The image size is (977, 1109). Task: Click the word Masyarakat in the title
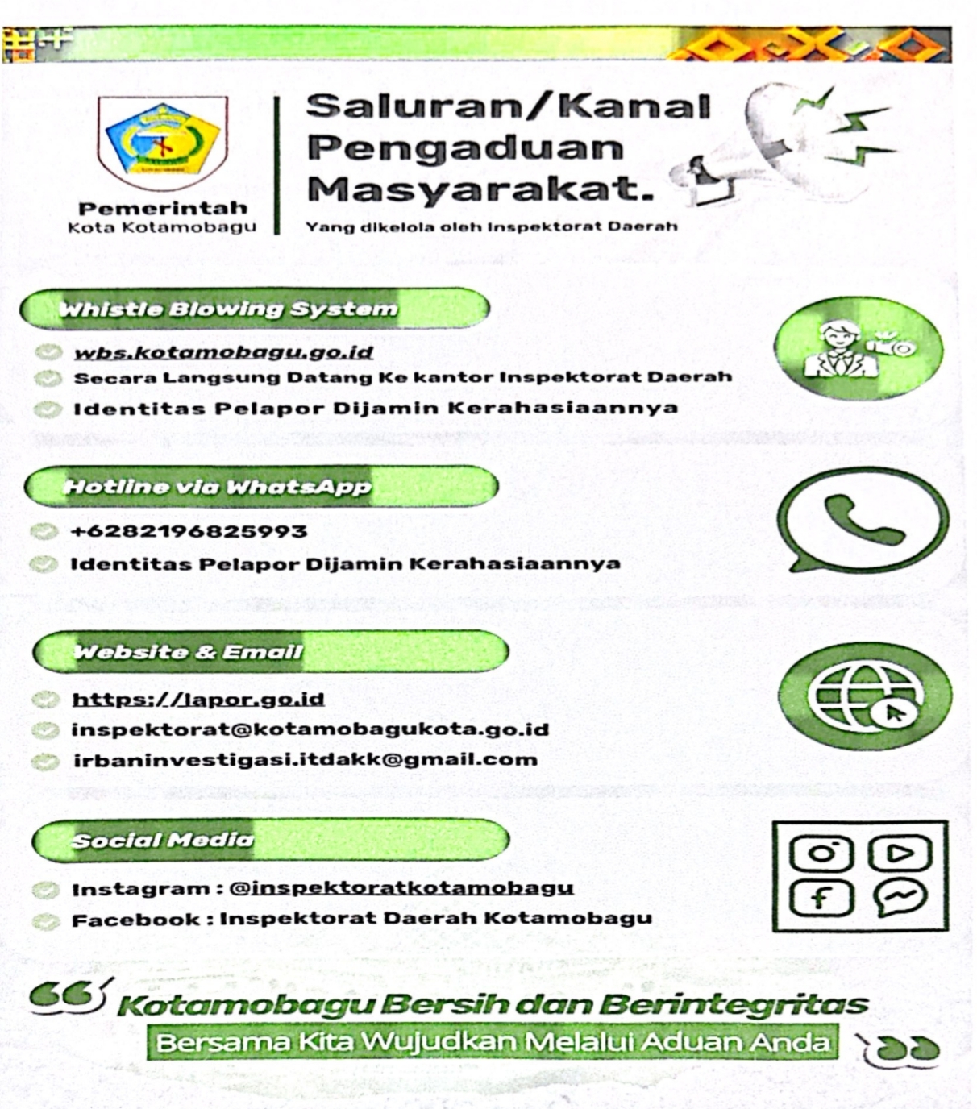click(480, 190)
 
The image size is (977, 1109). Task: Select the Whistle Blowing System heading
click(229, 309)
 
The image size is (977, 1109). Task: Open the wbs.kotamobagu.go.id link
click(223, 353)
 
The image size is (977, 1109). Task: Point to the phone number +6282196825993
click(189, 532)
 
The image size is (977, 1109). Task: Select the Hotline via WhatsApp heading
click(218, 487)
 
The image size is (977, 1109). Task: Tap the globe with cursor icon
click(865, 696)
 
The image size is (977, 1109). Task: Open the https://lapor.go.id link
click(198, 700)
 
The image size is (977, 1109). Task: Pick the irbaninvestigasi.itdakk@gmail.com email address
click(305, 760)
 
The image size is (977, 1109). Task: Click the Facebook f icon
click(821, 898)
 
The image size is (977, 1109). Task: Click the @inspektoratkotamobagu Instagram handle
click(401, 888)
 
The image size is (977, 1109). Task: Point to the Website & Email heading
click(189, 652)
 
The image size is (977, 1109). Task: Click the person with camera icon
click(858, 349)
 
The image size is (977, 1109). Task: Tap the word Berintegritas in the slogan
click(734, 1005)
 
